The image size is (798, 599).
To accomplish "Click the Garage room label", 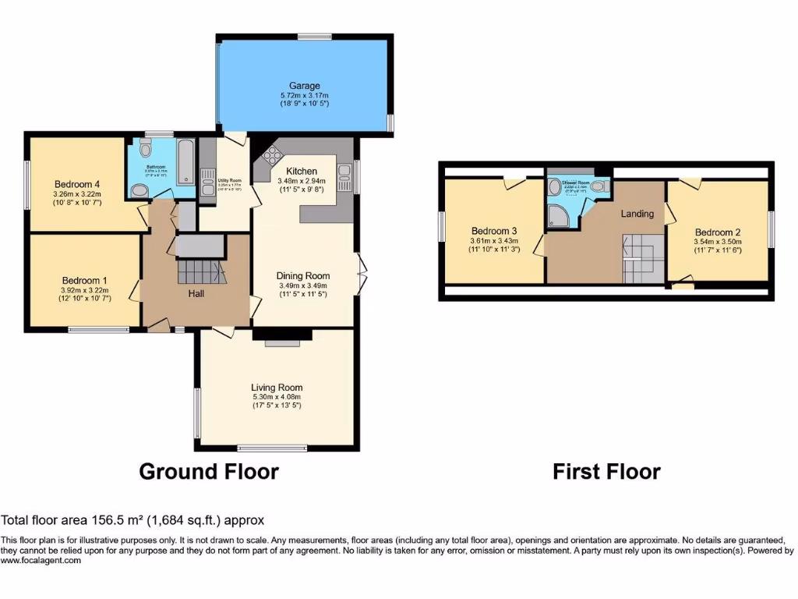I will [x=305, y=86].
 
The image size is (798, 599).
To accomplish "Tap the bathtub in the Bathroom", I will [x=186, y=161].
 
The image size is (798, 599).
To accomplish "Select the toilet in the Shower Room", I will [x=598, y=186].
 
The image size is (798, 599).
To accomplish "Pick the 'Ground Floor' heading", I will [x=208, y=471].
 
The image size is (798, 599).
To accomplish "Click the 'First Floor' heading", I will [x=606, y=471].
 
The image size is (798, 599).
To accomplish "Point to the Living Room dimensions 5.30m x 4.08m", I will [x=277, y=397].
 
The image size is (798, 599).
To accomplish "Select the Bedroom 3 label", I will [x=494, y=231].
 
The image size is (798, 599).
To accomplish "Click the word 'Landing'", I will [x=636, y=213].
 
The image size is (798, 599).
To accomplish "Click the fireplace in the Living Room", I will [x=282, y=338].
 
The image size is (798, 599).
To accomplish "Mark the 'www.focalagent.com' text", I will [x=41, y=560].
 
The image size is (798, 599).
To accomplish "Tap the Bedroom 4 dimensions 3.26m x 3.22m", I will [x=77, y=194].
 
